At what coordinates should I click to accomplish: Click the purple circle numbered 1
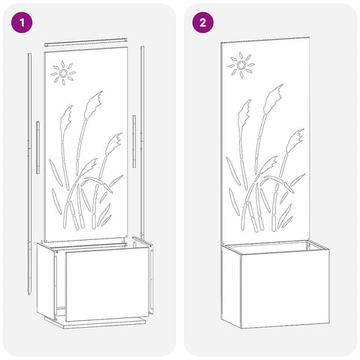tap(22, 22)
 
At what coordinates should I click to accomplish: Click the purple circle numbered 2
tap(202, 22)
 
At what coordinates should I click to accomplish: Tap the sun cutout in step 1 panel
tap(63, 73)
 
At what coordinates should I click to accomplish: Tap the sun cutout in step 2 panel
tap(241, 65)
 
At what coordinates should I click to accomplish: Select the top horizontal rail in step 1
tap(85, 42)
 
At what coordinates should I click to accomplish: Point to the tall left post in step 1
tap(29, 174)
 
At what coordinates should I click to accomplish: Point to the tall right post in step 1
tap(142, 142)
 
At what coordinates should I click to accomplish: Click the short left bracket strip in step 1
tap(37, 148)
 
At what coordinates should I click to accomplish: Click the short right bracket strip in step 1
tap(134, 142)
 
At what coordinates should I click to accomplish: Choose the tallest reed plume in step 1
tap(93, 104)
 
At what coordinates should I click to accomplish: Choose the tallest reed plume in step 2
tap(273, 98)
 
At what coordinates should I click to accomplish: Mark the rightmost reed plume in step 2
tap(295, 141)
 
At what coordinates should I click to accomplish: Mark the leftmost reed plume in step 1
tap(66, 118)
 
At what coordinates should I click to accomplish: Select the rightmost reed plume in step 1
tap(114, 144)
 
